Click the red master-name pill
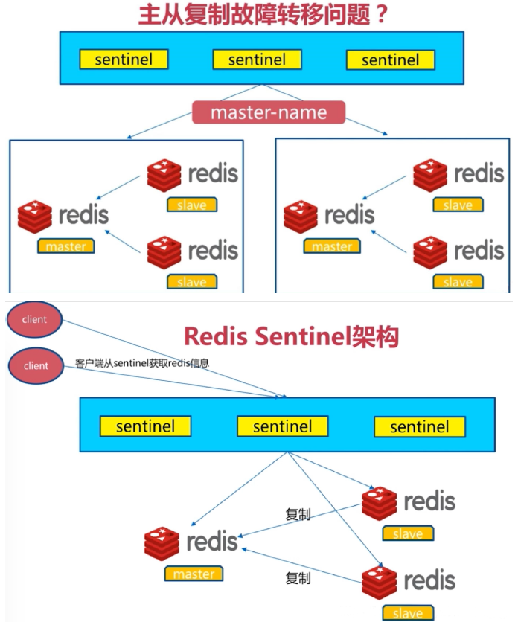coord(269,112)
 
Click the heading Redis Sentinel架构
coord(291,337)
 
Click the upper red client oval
coord(35,320)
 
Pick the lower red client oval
coord(35,366)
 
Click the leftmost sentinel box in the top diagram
coord(124,60)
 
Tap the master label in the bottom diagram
coord(194,574)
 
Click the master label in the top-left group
coord(65,246)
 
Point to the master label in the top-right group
coord(331,246)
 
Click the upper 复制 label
coord(298,514)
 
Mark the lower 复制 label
coord(298,578)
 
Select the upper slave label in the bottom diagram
coord(407,533)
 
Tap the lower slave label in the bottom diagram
coord(407,612)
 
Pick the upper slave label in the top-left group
coord(191,205)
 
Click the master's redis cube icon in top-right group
coord(301,216)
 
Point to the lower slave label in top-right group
coord(457,282)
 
